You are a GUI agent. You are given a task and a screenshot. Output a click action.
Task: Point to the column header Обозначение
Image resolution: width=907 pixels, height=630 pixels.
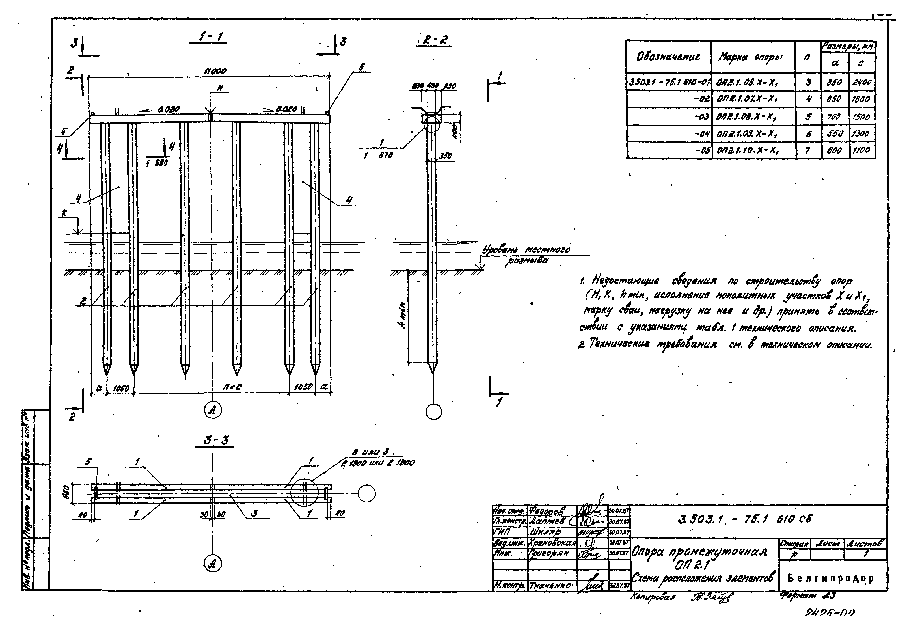point(668,57)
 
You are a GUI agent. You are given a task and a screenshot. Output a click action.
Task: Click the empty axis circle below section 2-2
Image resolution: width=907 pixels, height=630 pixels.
point(434,412)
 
